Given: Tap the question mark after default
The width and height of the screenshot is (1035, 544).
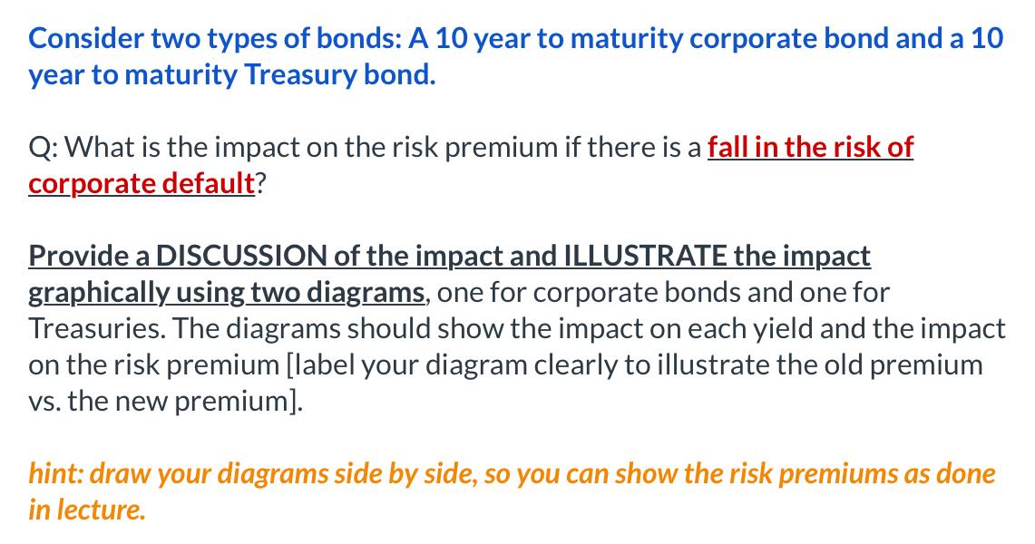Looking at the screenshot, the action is pos(260,182).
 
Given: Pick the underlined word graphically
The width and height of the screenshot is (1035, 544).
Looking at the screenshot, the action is pos(98,293).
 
